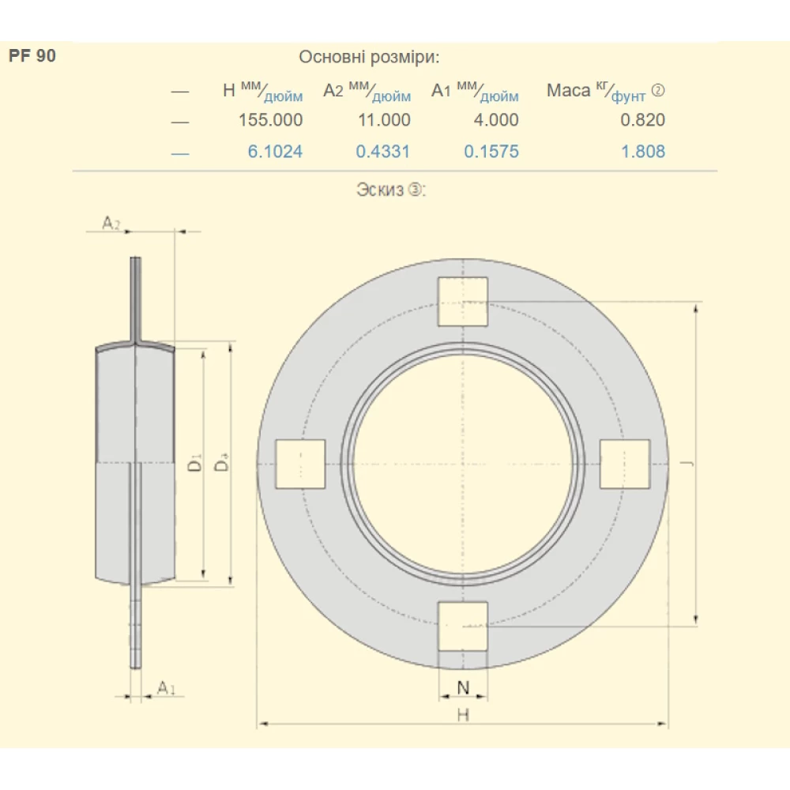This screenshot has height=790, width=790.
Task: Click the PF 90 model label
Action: (32, 57)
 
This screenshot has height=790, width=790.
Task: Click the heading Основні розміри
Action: (369, 57)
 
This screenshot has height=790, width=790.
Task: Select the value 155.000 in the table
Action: (271, 120)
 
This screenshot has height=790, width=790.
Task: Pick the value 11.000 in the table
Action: (383, 120)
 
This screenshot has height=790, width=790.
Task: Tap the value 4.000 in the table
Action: (491, 120)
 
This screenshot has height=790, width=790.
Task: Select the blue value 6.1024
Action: (275, 152)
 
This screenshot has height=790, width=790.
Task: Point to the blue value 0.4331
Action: (383, 152)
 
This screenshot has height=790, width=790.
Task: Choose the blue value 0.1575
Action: (491, 152)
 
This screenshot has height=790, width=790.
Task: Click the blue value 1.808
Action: (643, 152)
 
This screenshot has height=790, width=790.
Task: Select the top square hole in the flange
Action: (463, 302)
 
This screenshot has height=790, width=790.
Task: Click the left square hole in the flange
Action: (300, 464)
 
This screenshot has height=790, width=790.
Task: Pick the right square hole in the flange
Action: (625, 464)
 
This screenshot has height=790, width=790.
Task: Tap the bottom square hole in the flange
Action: (463, 626)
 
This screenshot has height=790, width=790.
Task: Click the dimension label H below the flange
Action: (463, 714)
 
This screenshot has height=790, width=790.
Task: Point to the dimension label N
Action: (463, 687)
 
